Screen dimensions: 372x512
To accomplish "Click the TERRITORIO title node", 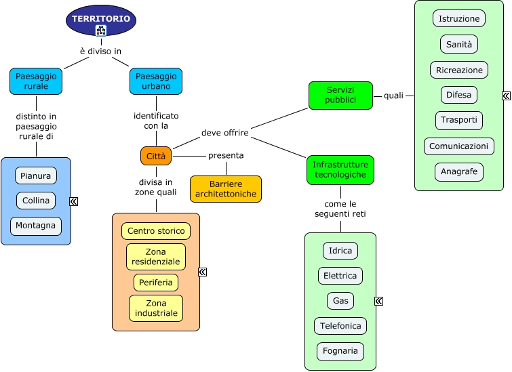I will pos(101,19).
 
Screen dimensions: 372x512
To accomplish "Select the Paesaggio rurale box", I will pos(36,81).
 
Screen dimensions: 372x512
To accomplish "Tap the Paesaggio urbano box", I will pos(156,81).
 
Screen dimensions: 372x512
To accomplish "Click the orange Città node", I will pos(156,156).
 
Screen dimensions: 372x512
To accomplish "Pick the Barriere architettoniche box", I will pos(225,189).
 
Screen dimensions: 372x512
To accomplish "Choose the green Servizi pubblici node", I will pos(340,96).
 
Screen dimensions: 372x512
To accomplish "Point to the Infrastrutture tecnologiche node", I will pos(340,169).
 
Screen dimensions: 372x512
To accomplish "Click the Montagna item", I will pos(36,226).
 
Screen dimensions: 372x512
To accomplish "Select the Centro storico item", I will pos(156,231).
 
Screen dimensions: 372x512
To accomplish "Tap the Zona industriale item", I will pos(156,308).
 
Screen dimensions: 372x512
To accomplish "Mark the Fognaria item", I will pos(340,352).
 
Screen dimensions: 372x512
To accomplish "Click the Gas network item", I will pos(340,301).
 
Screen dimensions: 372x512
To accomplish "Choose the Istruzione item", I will pos(459,18).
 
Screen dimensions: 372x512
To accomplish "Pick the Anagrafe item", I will pos(459,171).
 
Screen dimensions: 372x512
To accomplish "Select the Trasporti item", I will pos(459,120).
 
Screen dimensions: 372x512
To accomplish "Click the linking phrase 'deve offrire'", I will pos(225,133).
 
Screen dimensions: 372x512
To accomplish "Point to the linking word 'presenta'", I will pos(226,155).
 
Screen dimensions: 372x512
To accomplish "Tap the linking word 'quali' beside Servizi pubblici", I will pos(393,96).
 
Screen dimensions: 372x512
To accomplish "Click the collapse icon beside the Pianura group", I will pos(74,201).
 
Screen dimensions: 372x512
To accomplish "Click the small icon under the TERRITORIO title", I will pos(101,30).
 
